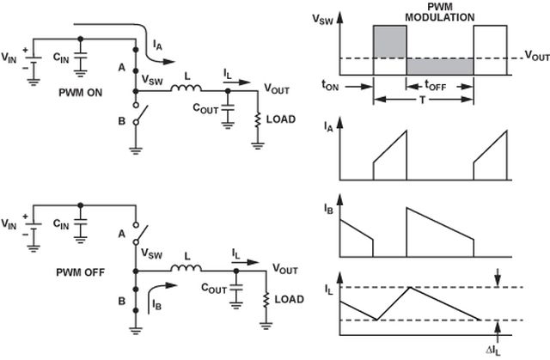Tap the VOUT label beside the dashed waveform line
pos(534,57)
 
